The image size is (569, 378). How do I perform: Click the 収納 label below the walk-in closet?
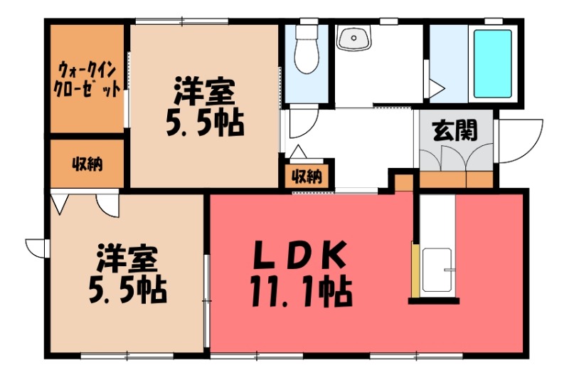click(87, 164)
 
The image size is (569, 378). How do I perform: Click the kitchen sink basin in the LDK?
click(437, 271)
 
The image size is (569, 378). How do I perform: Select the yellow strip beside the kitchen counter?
click(414, 271)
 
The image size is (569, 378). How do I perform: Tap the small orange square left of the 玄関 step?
click(403, 182)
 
